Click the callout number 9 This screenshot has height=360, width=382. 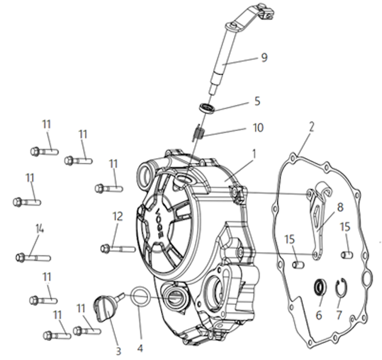pos(264,57)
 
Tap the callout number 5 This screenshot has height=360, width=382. pos(257,101)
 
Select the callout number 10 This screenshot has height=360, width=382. pos(258,128)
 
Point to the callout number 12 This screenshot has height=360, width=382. pos(117,216)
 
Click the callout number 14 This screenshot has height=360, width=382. pos(40,229)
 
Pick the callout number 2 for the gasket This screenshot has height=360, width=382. pos(311,127)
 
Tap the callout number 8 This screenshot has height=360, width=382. pos(340,207)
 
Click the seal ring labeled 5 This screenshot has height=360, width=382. pos(207,108)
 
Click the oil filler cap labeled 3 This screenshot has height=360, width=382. pos(104,308)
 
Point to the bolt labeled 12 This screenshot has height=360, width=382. pos(118,249)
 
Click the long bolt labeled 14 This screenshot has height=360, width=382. pos(33,258)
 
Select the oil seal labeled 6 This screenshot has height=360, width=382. pos(319,287)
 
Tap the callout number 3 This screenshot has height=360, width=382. pos(118,351)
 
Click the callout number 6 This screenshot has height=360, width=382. pos(319,315)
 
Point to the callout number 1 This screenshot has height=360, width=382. pos(254,154)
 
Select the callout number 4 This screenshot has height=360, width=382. pos(140,348)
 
